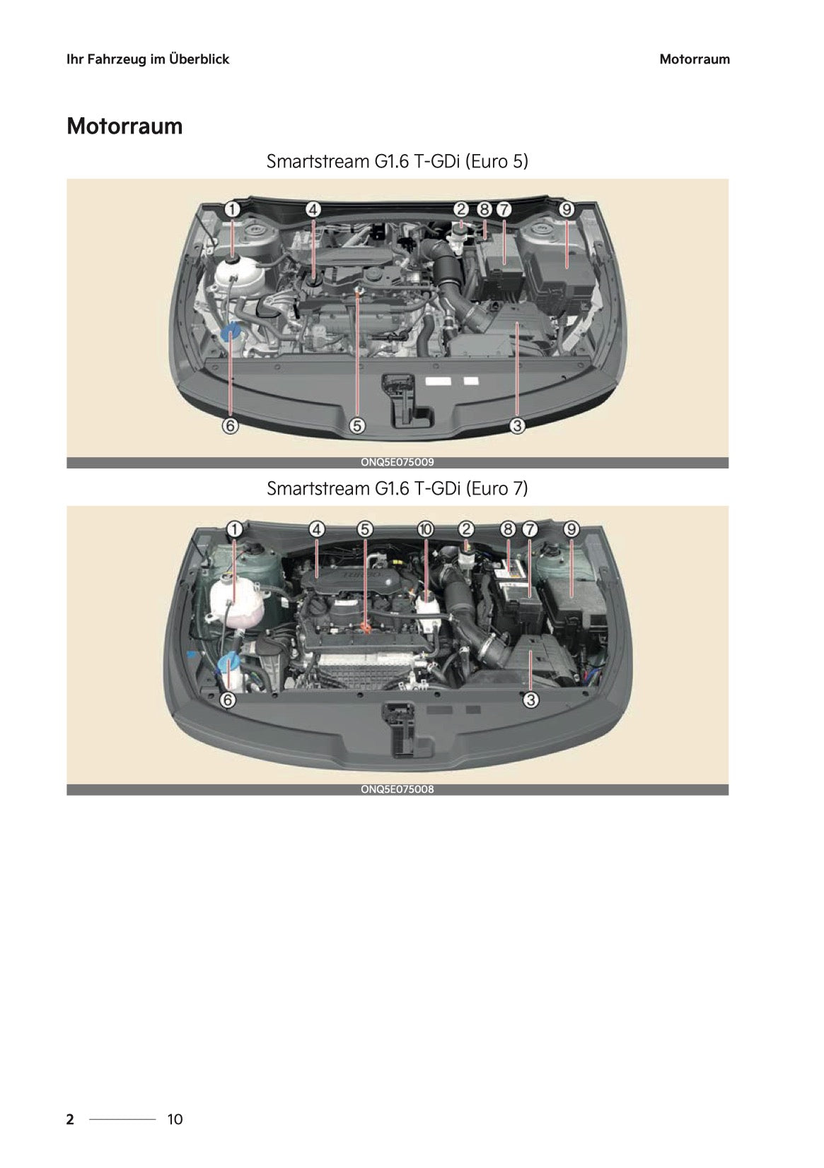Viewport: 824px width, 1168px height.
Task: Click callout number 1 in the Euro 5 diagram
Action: (232, 210)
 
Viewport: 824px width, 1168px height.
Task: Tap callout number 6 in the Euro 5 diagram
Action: (231, 426)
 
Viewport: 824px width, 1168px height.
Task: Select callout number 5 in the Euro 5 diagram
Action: (357, 426)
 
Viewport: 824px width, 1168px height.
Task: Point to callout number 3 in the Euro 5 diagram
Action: (516, 426)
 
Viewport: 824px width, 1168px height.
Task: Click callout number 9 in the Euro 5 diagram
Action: (567, 210)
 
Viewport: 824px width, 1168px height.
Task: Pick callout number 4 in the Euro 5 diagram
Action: (313, 210)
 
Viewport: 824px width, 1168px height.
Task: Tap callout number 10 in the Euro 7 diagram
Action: (426, 530)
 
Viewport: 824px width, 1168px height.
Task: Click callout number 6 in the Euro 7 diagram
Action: (228, 700)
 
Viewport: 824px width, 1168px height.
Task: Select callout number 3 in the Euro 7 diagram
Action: (530, 700)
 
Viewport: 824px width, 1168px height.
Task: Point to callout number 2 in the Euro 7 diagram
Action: (466, 530)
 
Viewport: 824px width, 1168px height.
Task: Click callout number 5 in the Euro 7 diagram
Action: (365, 530)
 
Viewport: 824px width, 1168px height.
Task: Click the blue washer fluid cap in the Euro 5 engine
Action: (230, 331)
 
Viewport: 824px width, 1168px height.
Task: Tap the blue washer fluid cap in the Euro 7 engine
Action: (226, 665)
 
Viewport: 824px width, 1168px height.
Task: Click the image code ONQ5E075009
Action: (397, 462)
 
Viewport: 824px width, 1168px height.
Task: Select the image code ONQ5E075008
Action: (397, 789)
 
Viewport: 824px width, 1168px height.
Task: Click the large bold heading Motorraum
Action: (124, 126)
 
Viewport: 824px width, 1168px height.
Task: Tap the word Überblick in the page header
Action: (200, 59)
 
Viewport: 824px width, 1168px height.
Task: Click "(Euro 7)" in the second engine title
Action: (497, 488)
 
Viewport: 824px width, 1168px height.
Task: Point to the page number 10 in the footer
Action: (175, 1119)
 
